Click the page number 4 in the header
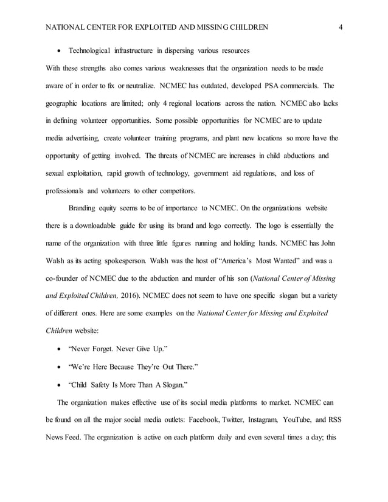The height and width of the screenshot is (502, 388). pyautogui.click(x=341, y=27)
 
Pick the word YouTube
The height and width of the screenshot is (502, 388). pyautogui.click(x=298, y=419)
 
